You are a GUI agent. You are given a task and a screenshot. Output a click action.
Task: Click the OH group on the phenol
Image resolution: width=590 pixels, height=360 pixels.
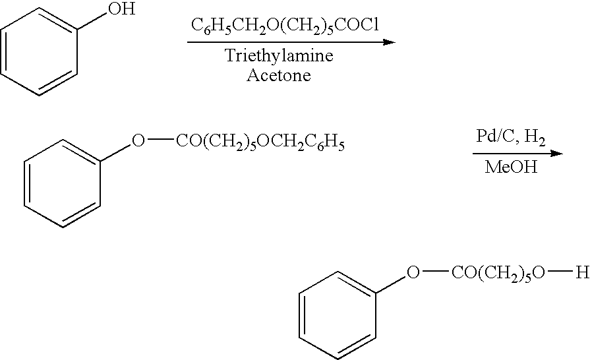[121, 9]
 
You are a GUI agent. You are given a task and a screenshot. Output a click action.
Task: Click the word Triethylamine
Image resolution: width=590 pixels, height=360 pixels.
[279, 55]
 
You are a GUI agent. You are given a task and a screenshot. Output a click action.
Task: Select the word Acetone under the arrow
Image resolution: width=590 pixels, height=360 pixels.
[279, 75]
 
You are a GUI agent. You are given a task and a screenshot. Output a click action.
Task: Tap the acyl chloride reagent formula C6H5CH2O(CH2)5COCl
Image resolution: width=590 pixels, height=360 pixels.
[285, 26]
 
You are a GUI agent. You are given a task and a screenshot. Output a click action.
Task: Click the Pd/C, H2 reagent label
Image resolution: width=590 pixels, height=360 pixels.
[511, 136]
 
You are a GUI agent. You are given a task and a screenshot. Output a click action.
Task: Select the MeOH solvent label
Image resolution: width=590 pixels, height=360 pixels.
[511, 167]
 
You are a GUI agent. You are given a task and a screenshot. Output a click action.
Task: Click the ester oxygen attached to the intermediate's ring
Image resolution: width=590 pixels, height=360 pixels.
[138, 141]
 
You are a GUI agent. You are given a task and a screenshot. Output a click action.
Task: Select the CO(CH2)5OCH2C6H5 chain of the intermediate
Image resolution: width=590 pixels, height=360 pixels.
[260, 142]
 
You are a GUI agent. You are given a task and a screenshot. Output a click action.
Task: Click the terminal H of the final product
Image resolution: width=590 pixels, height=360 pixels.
[583, 273]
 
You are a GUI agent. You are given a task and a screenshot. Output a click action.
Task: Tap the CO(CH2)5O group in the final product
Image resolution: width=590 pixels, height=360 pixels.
[498, 274]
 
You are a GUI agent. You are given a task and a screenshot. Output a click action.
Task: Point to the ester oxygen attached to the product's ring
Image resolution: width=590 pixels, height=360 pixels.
[413, 273]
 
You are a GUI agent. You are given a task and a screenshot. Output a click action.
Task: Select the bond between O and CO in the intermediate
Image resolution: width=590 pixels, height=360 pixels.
[160, 140]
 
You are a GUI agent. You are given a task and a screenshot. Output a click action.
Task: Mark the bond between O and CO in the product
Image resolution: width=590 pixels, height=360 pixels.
[434, 272]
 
